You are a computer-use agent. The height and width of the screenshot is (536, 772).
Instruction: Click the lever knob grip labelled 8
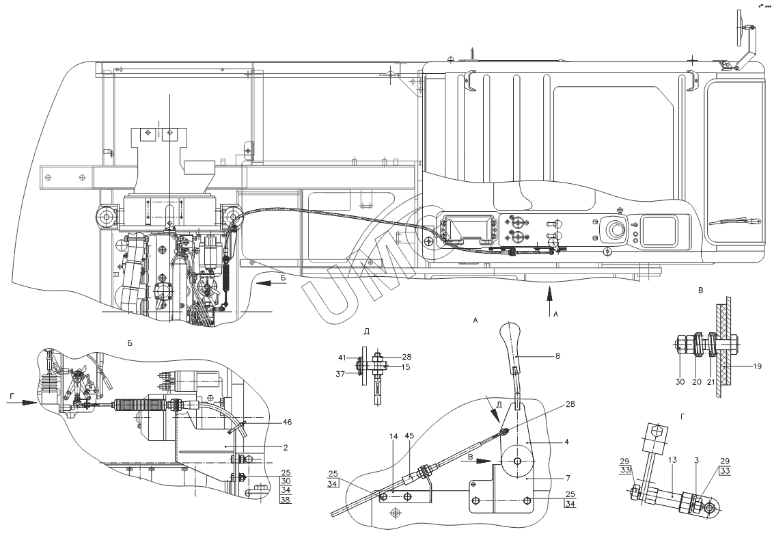click(x=512, y=341)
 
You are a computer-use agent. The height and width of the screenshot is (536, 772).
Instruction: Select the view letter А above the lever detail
click(x=474, y=319)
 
